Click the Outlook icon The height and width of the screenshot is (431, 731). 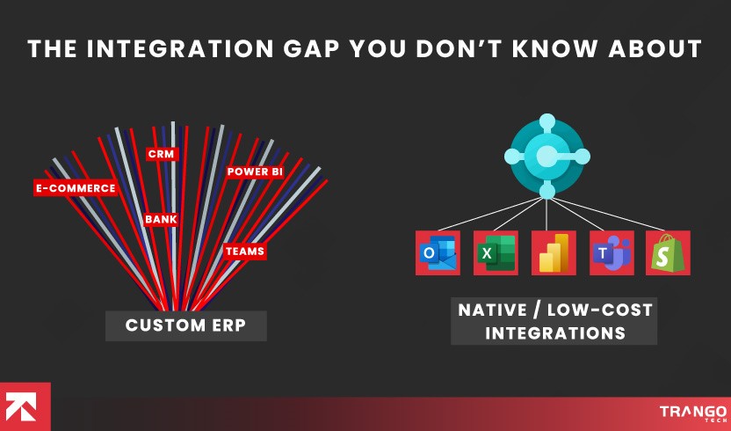pyautogui.click(x=438, y=253)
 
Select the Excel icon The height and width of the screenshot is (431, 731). pyautogui.click(x=496, y=253)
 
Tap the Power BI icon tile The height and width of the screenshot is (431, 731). pyautogui.click(x=554, y=253)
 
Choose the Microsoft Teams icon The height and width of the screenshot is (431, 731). pyautogui.click(x=611, y=253)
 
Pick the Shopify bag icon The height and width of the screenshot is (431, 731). pyautogui.click(x=668, y=253)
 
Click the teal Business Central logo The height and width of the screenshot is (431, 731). pyautogui.click(x=546, y=156)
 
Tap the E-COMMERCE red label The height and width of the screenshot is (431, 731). pyautogui.click(x=75, y=187)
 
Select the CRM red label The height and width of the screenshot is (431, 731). pyautogui.click(x=162, y=154)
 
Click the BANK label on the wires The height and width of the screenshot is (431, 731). pyautogui.click(x=162, y=218)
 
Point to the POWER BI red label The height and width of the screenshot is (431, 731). pyautogui.click(x=255, y=172)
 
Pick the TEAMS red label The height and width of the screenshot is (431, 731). pyautogui.click(x=244, y=251)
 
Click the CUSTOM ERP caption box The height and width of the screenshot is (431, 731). pyautogui.click(x=185, y=325)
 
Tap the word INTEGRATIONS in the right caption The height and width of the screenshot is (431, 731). pyautogui.click(x=555, y=333)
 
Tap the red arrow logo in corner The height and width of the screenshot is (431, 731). pyautogui.click(x=25, y=406)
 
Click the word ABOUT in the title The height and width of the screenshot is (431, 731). pyautogui.click(x=653, y=48)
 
